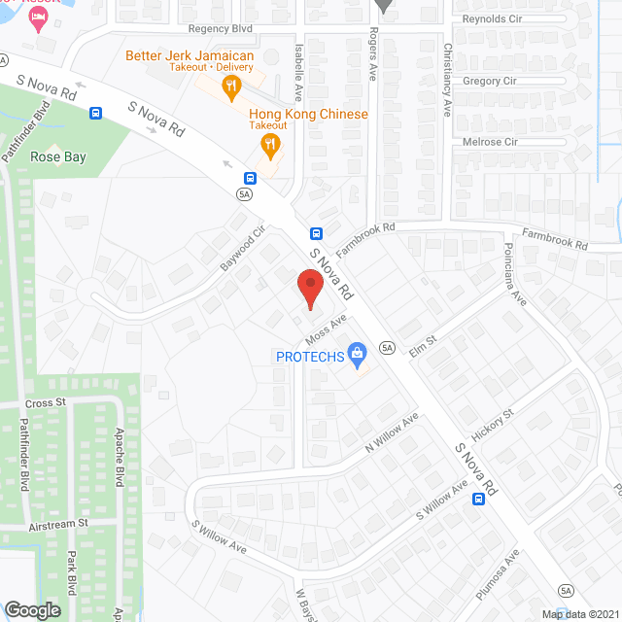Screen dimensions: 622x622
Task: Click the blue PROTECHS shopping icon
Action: (357, 355)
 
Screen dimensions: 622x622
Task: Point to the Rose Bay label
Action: (58, 156)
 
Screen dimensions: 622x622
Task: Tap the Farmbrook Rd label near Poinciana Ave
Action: (555, 239)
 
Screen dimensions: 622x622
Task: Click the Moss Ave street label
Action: (326, 332)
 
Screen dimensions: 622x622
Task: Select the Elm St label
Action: (424, 345)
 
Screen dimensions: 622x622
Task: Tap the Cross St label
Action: (45, 401)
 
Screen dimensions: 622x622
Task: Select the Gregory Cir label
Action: (489, 82)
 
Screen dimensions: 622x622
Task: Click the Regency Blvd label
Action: (221, 29)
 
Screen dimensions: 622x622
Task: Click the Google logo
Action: (32, 609)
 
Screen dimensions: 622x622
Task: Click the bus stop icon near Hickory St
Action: (479, 500)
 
